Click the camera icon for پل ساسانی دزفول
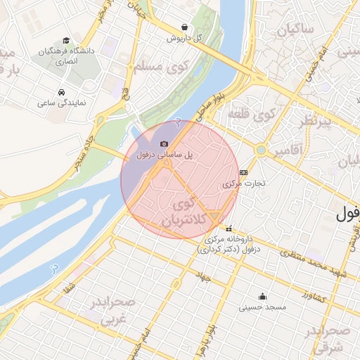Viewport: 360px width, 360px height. click(x=165, y=143)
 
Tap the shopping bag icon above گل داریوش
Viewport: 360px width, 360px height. click(x=184, y=27)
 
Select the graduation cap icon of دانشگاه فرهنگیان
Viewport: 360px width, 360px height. click(x=66, y=41)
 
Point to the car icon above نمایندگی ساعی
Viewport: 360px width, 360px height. click(x=62, y=92)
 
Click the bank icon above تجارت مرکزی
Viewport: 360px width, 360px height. click(x=244, y=172)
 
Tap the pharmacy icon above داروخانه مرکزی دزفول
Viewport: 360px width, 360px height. click(x=229, y=229)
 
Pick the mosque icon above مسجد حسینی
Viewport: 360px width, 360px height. click(x=262, y=296)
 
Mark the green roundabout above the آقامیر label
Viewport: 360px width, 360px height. click(x=261, y=149)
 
